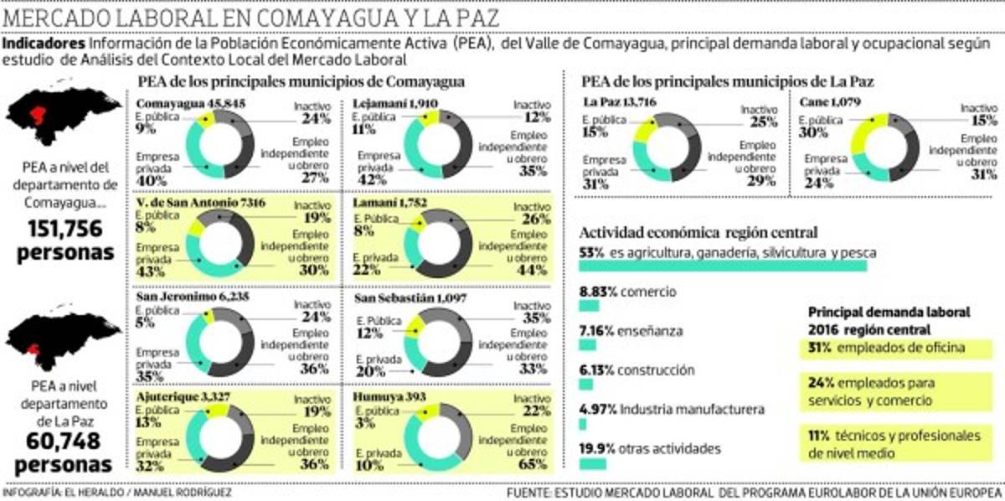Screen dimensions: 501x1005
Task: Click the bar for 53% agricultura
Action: [x=723, y=266]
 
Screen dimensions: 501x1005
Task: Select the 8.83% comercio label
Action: [x=627, y=292]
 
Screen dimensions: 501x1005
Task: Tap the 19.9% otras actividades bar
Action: [x=592, y=463]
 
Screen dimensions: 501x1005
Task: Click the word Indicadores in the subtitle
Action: [x=44, y=44]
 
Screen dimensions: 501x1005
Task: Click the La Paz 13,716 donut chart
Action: [x=667, y=147]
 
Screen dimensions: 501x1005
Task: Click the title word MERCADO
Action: [x=59, y=18]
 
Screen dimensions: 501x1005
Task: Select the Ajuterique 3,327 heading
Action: [x=174, y=395]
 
